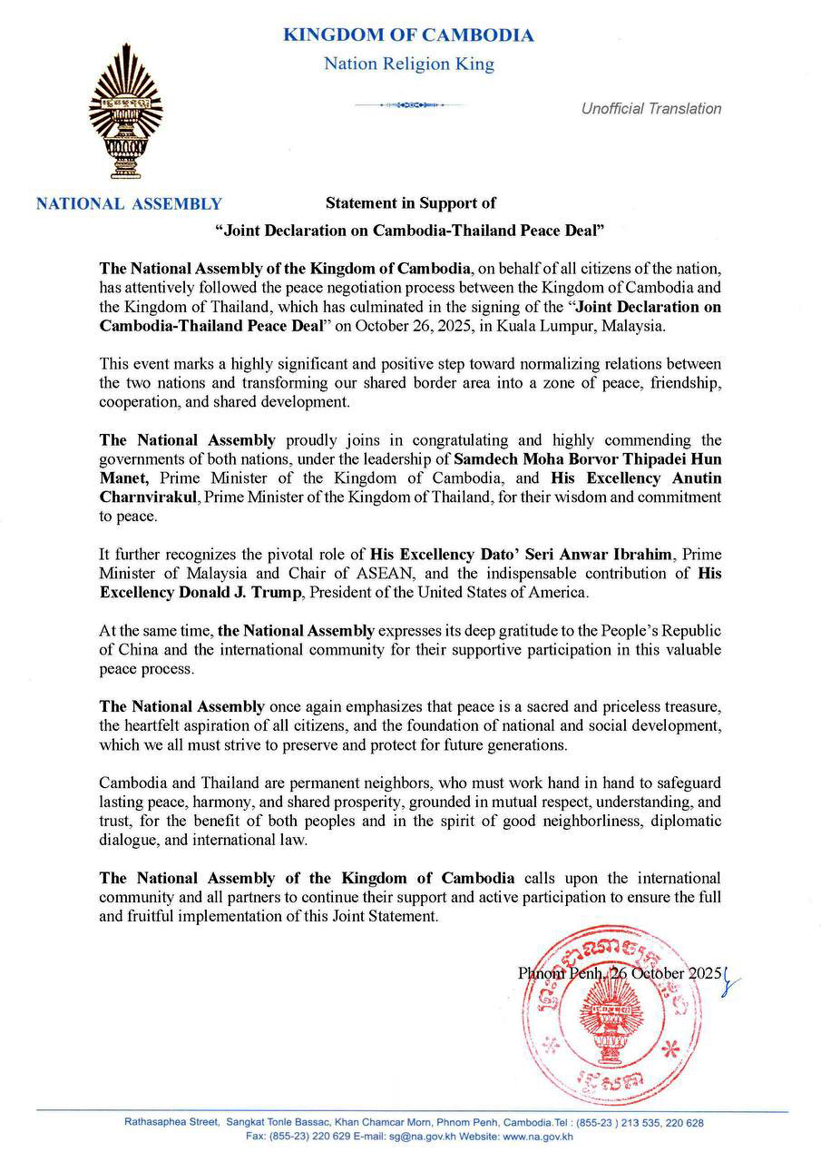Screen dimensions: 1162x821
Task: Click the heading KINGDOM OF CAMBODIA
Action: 408,35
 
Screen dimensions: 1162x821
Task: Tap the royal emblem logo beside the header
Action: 125,119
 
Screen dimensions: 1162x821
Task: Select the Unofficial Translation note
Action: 651,109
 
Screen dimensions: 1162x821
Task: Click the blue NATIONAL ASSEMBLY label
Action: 128,204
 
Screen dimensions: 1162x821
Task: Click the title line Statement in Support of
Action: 411,203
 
